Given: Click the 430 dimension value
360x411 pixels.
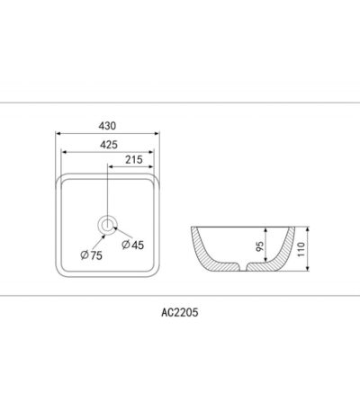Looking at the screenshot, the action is [x=107, y=126].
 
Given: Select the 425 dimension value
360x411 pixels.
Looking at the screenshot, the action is [x=109, y=145].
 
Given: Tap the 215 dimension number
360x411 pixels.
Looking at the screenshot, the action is [x=134, y=159].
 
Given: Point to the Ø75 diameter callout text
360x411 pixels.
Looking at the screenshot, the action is [x=92, y=255].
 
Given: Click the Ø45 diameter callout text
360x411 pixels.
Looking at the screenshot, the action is [x=133, y=245].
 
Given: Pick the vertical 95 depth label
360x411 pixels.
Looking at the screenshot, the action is [x=260, y=246].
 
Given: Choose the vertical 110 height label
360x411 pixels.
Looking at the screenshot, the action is [x=301, y=249].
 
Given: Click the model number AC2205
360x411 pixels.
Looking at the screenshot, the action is [x=180, y=312].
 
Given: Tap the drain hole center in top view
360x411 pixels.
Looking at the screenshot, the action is [x=107, y=225].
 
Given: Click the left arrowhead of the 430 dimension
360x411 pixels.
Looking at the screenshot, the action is [x=58, y=133].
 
